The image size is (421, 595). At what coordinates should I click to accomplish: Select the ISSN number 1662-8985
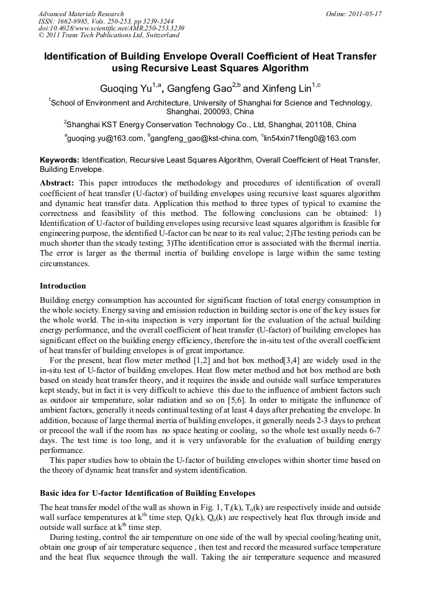point(69,21)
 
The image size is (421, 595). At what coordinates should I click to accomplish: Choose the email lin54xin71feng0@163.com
point(310,138)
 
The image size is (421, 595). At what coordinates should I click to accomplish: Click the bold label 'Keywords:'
point(60,160)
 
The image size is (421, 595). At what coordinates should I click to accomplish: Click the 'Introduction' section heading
point(63,286)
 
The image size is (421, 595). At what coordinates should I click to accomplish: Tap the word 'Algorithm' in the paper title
point(279,68)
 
